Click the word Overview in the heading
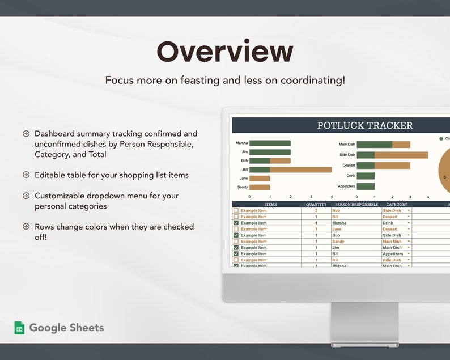tap(225, 52)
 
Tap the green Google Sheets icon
tap(20, 328)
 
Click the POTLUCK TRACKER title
tap(365, 125)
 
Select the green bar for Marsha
tap(270, 143)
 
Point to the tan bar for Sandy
tap(260, 187)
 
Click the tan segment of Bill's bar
tap(300, 170)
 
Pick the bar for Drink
tap(366, 176)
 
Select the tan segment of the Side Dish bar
tap(401, 155)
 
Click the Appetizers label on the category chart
tap(346, 187)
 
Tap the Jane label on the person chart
tap(244, 178)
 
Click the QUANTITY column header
tap(316, 204)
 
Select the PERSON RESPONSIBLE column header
tap(356, 204)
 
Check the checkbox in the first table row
tap(236, 210)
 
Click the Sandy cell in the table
tap(338, 242)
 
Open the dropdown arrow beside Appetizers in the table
tap(409, 254)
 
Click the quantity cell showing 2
tap(316, 210)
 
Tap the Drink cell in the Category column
tap(389, 223)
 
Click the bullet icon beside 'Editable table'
tap(26, 175)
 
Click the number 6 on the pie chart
tap(444, 177)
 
